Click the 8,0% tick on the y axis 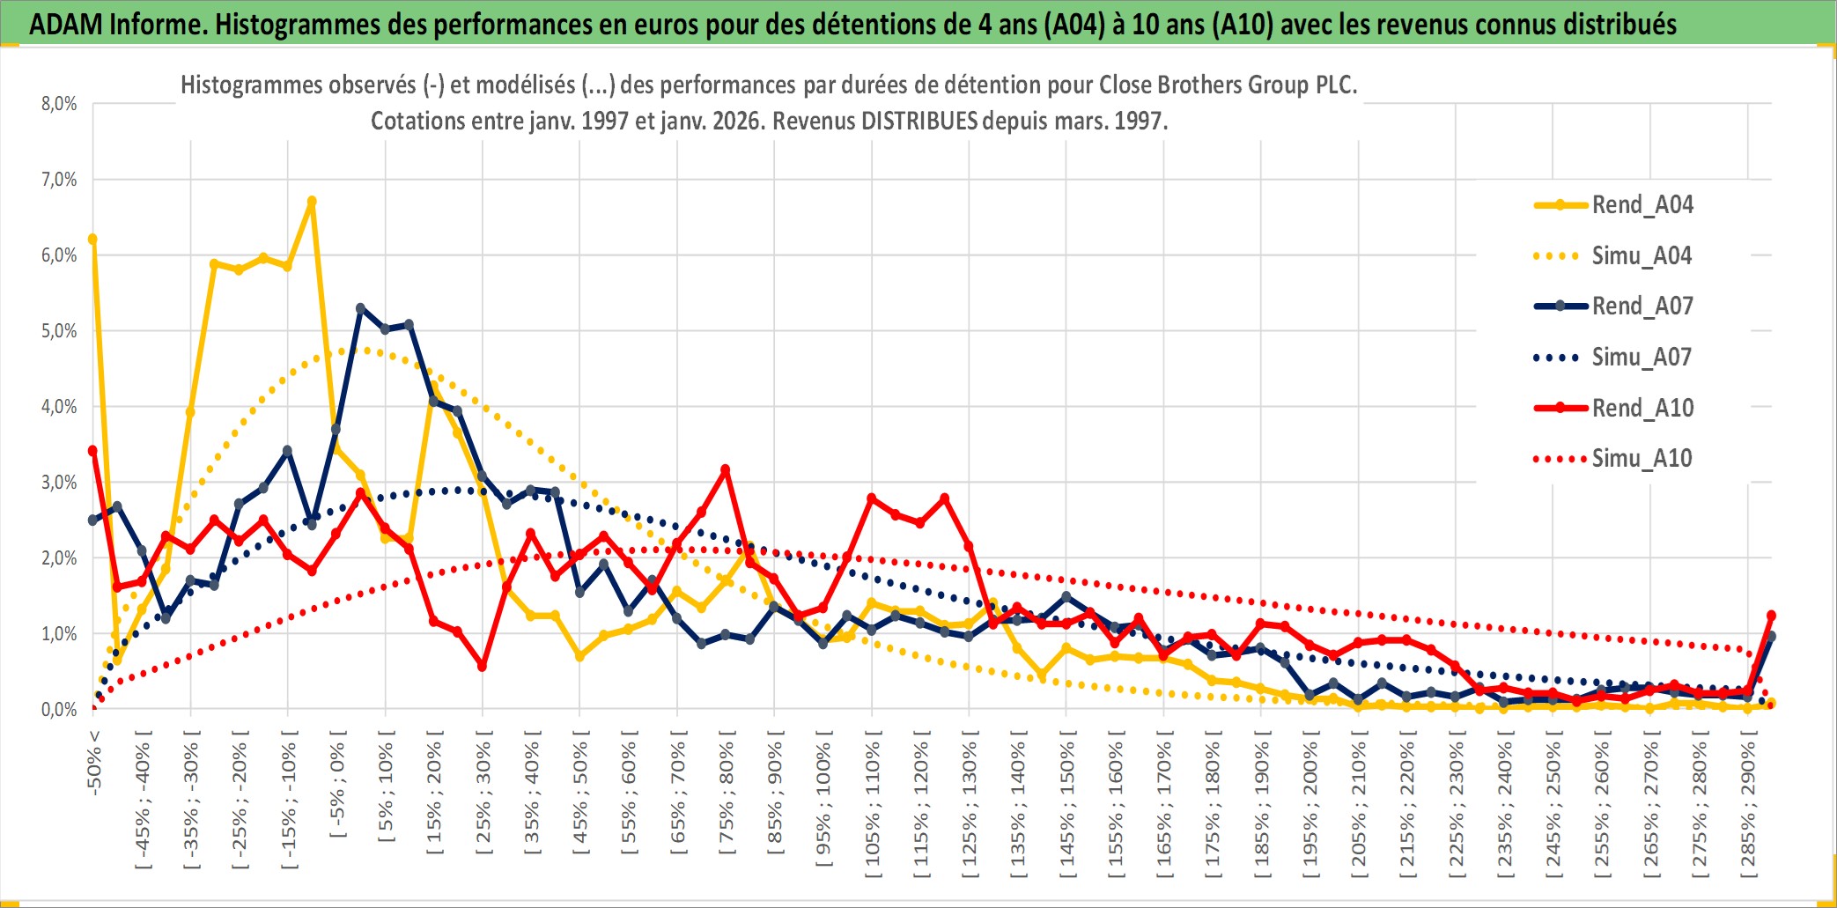point(59,104)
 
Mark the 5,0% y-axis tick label point(59,331)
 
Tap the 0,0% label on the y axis point(59,710)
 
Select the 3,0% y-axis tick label point(59,483)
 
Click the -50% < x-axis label point(94,763)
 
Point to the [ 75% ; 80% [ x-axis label point(727,798)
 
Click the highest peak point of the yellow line point(312,202)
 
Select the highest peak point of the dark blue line point(360,308)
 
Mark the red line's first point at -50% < point(92,451)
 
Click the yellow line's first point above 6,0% point(92,239)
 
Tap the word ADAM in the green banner point(65,25)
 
